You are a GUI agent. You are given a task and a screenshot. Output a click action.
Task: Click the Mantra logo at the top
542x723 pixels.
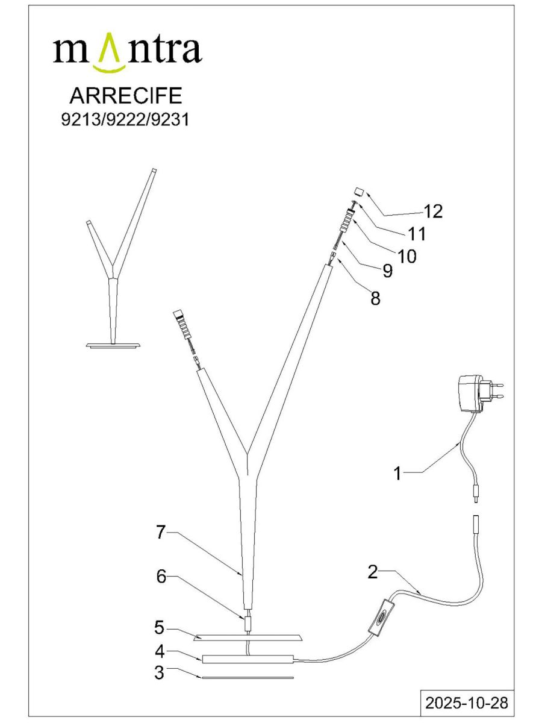pyautogui.click(x=127, y=51)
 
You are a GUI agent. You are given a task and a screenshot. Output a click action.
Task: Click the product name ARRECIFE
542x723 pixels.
pyautogui.click(x=125, y=96)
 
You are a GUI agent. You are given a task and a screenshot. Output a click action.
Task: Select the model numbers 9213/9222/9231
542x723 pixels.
pyautogui.click(x=125, y=119)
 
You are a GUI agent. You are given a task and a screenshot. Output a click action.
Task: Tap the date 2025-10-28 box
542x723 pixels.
pyautogui.click(x=467, y=703)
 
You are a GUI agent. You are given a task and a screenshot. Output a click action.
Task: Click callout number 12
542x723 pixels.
pyautogui.click(x=433, y=211)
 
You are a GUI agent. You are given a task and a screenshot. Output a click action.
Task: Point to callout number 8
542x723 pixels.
pyautogui.click(x=375, y=298)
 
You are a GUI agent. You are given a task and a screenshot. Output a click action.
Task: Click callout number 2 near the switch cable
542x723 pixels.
pyautogui.click(x=373, y=572)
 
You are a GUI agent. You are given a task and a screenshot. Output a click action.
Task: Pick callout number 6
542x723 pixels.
pyautogui.click(x=161, y=577)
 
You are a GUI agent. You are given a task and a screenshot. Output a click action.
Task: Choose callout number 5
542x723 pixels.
pyautogui.click(x=159, y=628)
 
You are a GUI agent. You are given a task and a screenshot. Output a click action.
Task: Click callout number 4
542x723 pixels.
pyautogui.click(x=159, y=651)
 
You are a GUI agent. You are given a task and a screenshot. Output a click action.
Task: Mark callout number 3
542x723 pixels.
pyautogui.click(x=159, y=673)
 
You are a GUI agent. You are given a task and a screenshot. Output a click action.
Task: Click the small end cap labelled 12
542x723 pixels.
pyautogui.click(x=358, y=193)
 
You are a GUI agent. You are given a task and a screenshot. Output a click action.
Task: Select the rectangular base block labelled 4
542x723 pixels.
pyautogui.click(x=248, y=659)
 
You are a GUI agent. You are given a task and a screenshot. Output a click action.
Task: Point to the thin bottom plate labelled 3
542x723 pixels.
pyautogui.click(x=248, y=677)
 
